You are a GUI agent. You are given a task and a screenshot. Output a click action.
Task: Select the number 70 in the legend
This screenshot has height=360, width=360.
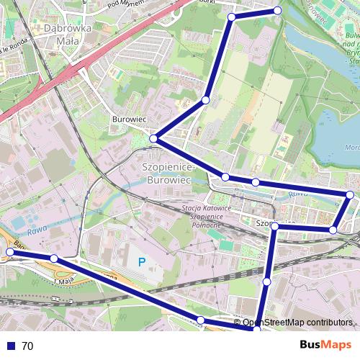(x=27, y=346)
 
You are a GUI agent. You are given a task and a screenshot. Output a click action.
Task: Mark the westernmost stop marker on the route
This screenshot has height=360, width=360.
(x=10, y=251)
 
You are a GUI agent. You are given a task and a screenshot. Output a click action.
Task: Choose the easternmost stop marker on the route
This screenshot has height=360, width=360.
(x=350, y=194)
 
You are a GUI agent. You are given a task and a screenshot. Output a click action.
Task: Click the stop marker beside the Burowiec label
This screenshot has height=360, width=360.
(x=153, y=138)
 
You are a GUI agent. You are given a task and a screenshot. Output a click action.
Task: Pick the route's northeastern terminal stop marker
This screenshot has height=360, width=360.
(x=278, y=10)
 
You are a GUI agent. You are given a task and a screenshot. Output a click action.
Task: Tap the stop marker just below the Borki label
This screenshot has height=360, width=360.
(x=231, y=17)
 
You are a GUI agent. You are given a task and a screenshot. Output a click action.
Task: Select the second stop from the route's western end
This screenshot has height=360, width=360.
(x=54, y=258)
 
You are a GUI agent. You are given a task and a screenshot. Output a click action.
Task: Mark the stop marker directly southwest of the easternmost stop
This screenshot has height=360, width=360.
(x=333, y=230)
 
